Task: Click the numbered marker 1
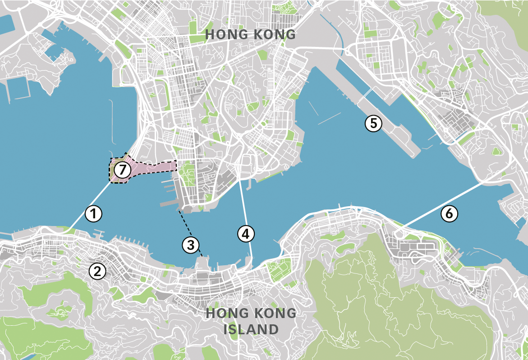[x=93, y=213]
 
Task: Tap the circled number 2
[x=97, y=271]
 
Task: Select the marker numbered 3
[x=191, y=245]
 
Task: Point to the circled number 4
[x=245, y=234]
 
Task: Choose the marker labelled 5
[x=373, y=123]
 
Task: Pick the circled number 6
[x=449, y=214]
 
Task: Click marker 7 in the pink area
[x=122, y=170]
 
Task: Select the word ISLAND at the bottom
[x=251, y=329]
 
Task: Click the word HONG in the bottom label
[x=226, y=313]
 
